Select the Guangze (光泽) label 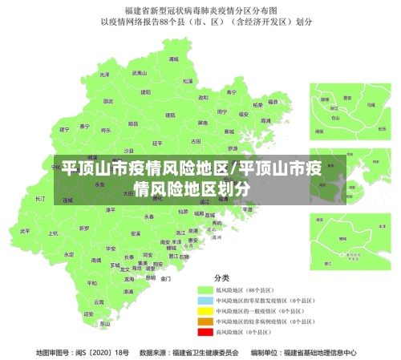click(103, 75)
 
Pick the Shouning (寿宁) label click(233, 92)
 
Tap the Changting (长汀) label click(41, 198)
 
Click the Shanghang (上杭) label click(53, 233)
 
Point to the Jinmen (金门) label click(166, 279)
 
